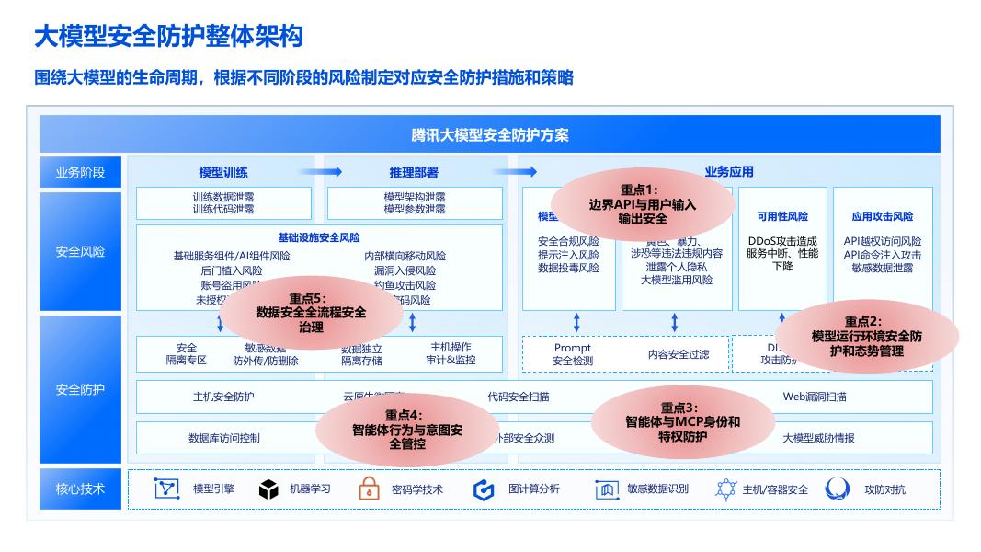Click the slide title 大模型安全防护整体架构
coord(168,37)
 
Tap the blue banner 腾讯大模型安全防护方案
coord(490,134)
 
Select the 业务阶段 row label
coord(80,172)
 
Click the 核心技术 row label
coord(80,489)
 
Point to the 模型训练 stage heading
coord(223,172)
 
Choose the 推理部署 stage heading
coord(414,172)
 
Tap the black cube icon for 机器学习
coord(268,489)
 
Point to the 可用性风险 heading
coord(782,217)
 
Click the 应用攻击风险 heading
coord(883,217)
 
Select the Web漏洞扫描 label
coord(815,397)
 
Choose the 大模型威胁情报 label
coord(818,438)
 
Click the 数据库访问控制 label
coord(224,438)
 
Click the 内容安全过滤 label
coord(679,354)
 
